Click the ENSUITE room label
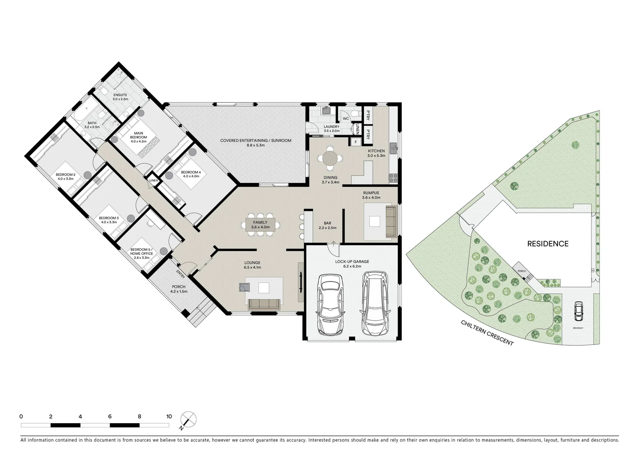pyautogui.click(x=120, y=95)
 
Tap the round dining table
pyautogui.click(x=329, y=159)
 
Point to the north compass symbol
pyautogui.click(x=188, y=420)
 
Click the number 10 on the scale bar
pyautogui.click(x=169, y=416)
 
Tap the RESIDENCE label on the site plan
pyautogui.click(x=547, y=244)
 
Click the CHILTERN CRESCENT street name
pyautogui.click(x=487, y=333)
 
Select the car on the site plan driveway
pyautogui.click(x=578, y=310)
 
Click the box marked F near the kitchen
pyautogui.click(x=356, y=142)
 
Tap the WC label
pyautogui.click(x=346, y=119)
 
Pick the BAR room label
pyautogui.click(x=328, y=223)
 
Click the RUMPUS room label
pyautogui.click(x=371, y=193)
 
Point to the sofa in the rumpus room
pyautogui.click(x=390, y=221)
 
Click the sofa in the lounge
pyautogui.click(x=264, y=304)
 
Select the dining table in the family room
pyautogui.click(x=260, y=224)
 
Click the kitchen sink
pyautogui.click(x=393, y=148)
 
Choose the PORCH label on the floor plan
pyautogui.click(x=178, y=287)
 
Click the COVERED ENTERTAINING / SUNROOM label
pyautogui.click(x=256, y=141)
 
